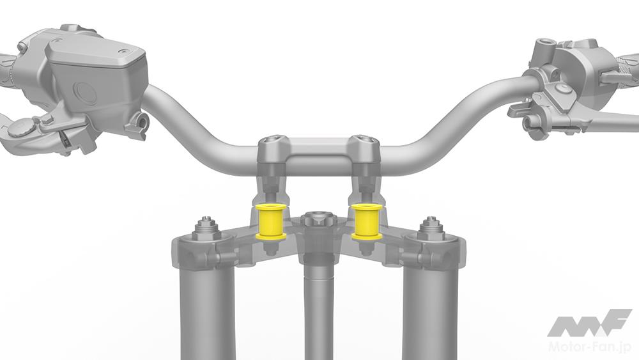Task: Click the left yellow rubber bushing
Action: [x=270, y=222]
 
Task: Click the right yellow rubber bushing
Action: [x=366, y=222]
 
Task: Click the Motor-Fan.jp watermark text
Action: [x=590, y=347]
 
